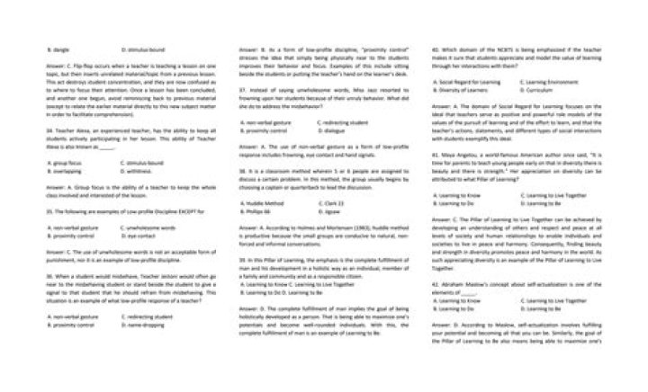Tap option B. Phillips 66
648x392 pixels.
coord(256,209)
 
